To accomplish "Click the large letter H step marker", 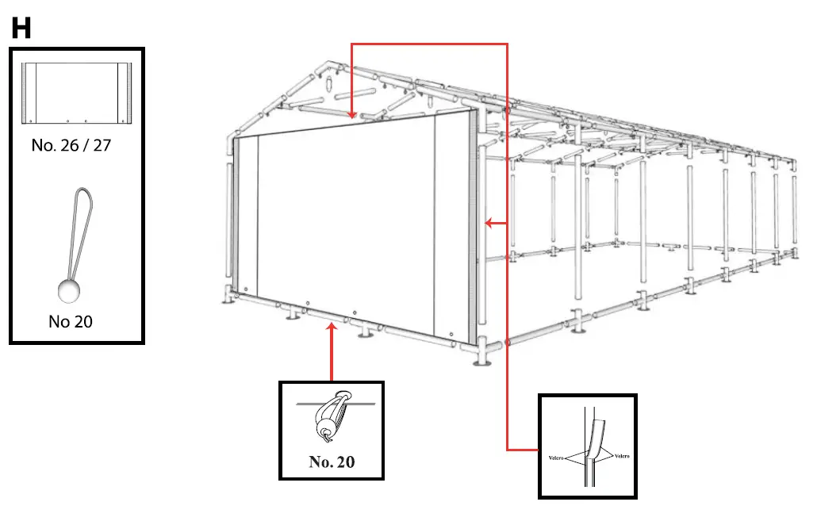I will pyautogui.click(x=21, y=29).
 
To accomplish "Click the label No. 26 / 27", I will pyautogui.click(x=71, y=146).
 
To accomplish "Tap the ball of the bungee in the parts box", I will pyautogui.click(x=69, y=291).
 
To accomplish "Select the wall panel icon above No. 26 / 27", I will pyautogui.click(x=77, y=93).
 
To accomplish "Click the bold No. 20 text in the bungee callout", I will pyautogui.click(x=332, y=462).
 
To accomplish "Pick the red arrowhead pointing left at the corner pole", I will pyautogui.click(x=489, y=224).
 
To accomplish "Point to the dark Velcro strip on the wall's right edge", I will pyautogui.click(x=474, y=230).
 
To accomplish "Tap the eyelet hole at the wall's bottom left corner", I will pyautogui.click(x=247, y=289).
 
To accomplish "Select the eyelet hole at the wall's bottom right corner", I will pyautogui.click(x=451, y=334).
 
